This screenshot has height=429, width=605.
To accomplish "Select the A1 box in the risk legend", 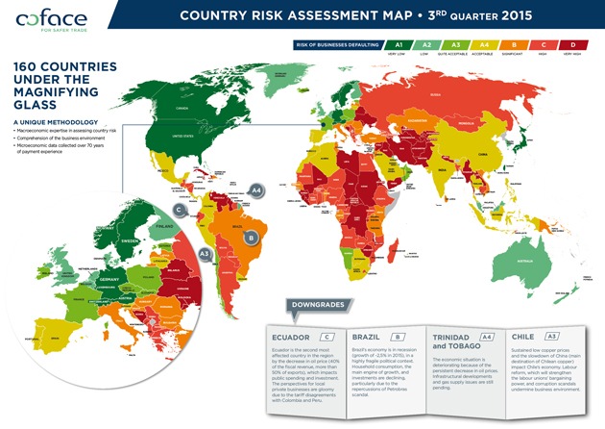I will [398, 44].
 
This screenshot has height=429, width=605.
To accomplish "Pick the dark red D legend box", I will [572, 44].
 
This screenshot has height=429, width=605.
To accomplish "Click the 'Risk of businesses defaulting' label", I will [339, 44].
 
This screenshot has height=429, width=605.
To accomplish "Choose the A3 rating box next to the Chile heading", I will [551, 337].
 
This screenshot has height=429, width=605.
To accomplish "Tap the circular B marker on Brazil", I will [252, 238].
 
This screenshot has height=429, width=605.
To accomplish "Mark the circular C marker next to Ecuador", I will [179, 209].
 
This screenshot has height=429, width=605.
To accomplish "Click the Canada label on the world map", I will [183, 107].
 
